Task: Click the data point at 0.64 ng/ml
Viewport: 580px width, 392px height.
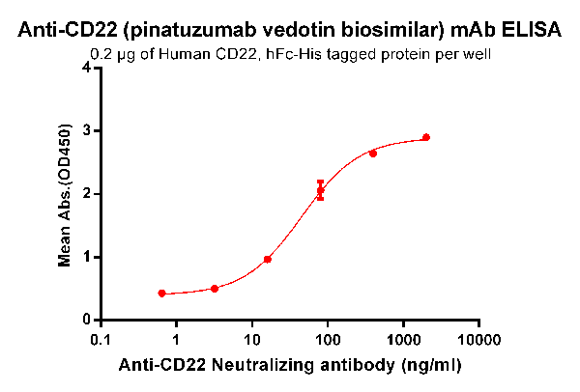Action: [161, 294]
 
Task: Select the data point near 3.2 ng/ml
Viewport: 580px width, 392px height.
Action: [215, 289]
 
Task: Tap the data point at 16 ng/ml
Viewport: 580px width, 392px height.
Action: [268, 259]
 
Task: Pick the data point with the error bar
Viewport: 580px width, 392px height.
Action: [321, 190]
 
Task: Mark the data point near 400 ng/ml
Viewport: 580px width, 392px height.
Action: [373, 154]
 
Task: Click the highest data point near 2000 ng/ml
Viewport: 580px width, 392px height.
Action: [426, 137]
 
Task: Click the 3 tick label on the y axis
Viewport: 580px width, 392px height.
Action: [88, 130]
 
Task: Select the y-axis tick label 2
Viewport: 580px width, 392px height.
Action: [88, 193]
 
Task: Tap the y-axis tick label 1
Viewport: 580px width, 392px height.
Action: [88, 257]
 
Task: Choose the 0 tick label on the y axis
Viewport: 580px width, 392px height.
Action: [88, 320]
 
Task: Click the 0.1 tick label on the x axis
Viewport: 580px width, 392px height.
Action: [101, 341]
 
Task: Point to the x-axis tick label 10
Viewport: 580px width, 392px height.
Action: [251, 341]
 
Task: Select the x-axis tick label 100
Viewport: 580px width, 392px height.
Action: [327, 341]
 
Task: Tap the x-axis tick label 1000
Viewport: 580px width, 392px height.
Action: [402, 341]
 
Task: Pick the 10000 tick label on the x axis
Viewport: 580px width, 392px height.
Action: [478, 341]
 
